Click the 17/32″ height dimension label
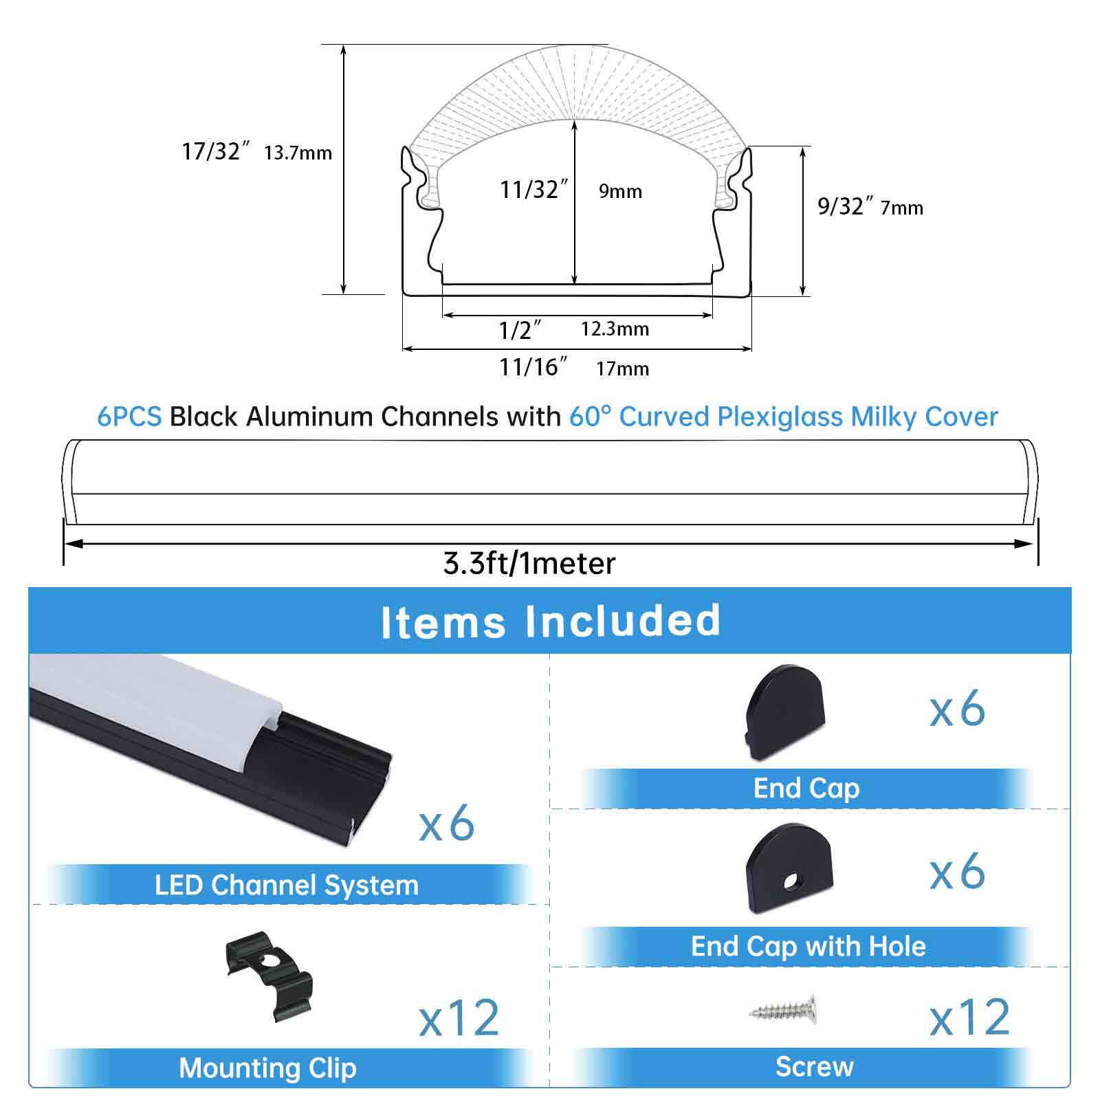point(215,151)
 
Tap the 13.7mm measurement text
point(298,153)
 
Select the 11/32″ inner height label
point(534,190)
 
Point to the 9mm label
point(620,192)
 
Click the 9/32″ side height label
point(845,206)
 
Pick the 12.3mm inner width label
point(615,329)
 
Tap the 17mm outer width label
point(622,369)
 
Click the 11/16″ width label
point(533,367)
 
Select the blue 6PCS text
point(129,417)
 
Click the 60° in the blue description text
point(590,417)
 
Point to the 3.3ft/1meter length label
point(529,564)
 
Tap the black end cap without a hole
point(784,712)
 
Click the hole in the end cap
point(794,880)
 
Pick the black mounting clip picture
point(269,976)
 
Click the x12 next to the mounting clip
point(459,1019)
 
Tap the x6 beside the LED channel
point(447,823)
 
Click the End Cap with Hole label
point(808,947)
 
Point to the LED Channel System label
point(286,885)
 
